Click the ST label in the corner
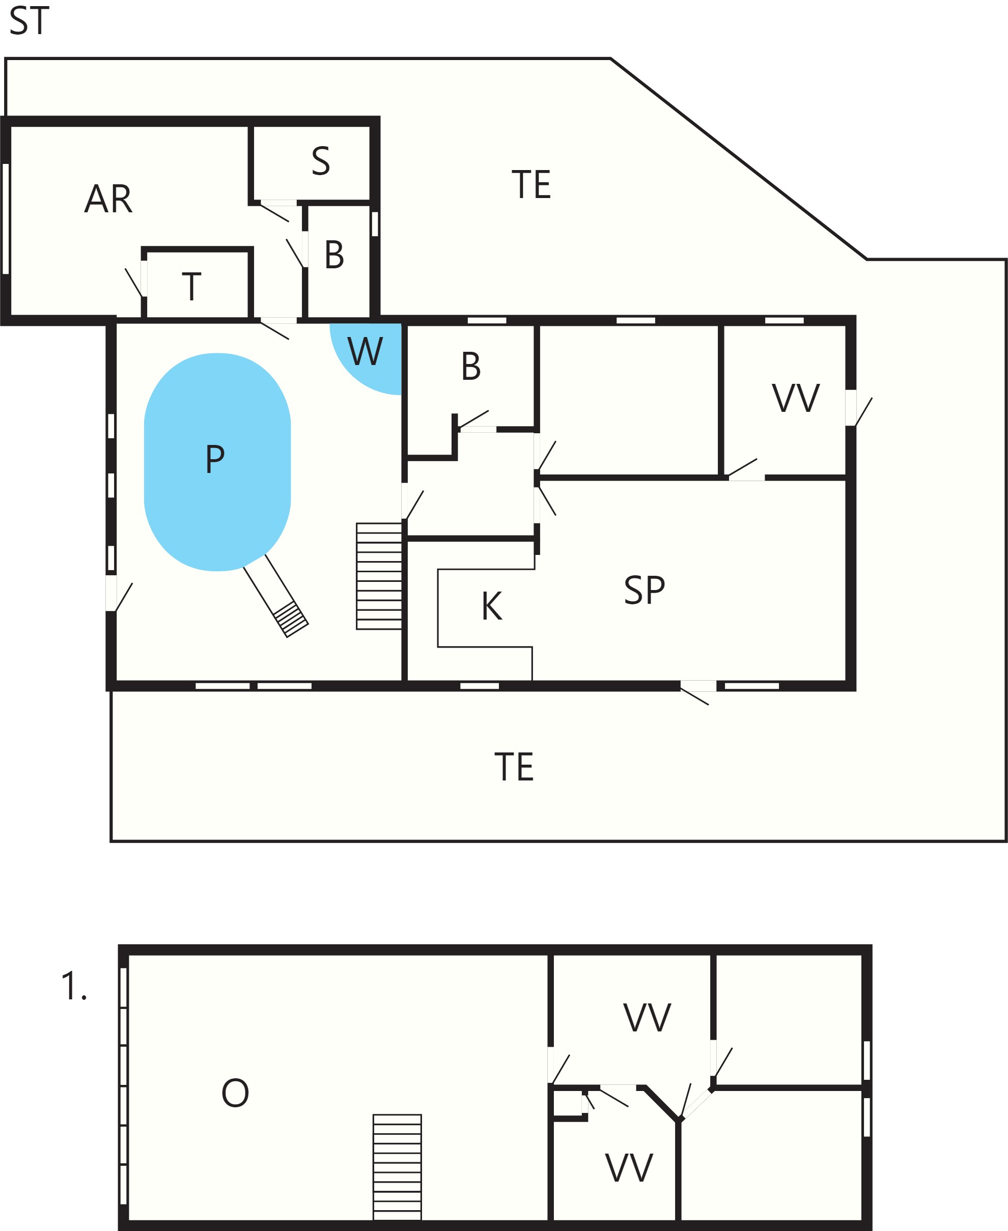click(29, 21)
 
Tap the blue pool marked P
click(217, 462)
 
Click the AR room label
click(108, 199)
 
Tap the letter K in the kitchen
click(492, 606)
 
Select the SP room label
click(645, 591)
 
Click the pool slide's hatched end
click(291, 619)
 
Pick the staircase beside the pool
click(379, 576)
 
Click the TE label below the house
click(514, 767)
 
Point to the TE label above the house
click(531, 185)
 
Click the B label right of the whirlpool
click(471, 367)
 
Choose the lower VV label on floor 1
click(629, 1168)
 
